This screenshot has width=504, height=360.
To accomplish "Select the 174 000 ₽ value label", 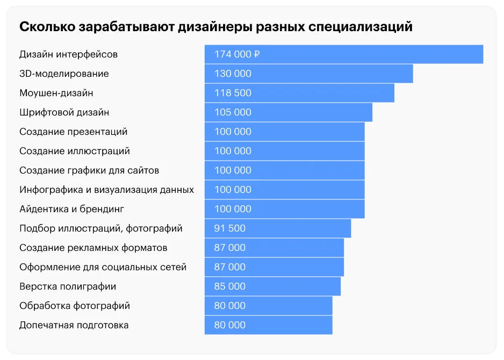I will pyautogui.click(x=237, y=54).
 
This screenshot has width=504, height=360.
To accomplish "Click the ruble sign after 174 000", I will pyautogui.click(x=257, y=54).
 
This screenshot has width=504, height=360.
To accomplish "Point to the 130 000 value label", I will pyautogui.click(x=233, y=74).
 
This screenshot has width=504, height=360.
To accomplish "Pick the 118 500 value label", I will pyautogui.click(x=233, y=93).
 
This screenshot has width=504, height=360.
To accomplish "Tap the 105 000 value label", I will pyautogui.click(x=233, y=112).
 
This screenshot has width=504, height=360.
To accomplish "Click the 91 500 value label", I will pyautogui.click(x=230, y=228).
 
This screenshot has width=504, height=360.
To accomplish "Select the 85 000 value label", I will pyautogui.click(x=230, y=286).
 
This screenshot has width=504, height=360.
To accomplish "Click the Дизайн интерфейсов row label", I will pyautogui.click(x=68, y=54).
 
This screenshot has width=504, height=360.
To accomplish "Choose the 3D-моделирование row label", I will pyautogui.click(x=64, y=74).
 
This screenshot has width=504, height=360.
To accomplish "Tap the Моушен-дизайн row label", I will pyautogui.click(x=56, y=93).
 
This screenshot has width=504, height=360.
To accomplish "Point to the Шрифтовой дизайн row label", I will pyautogui.click(x=64, y=112).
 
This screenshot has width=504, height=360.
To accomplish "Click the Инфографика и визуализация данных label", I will pyautogui.click(x=106, y=190).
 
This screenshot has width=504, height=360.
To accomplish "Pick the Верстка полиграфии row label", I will pyautogui.click(x=68, y=286).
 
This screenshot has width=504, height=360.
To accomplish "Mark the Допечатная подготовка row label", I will pyautogui.click(x=74, y=325).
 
